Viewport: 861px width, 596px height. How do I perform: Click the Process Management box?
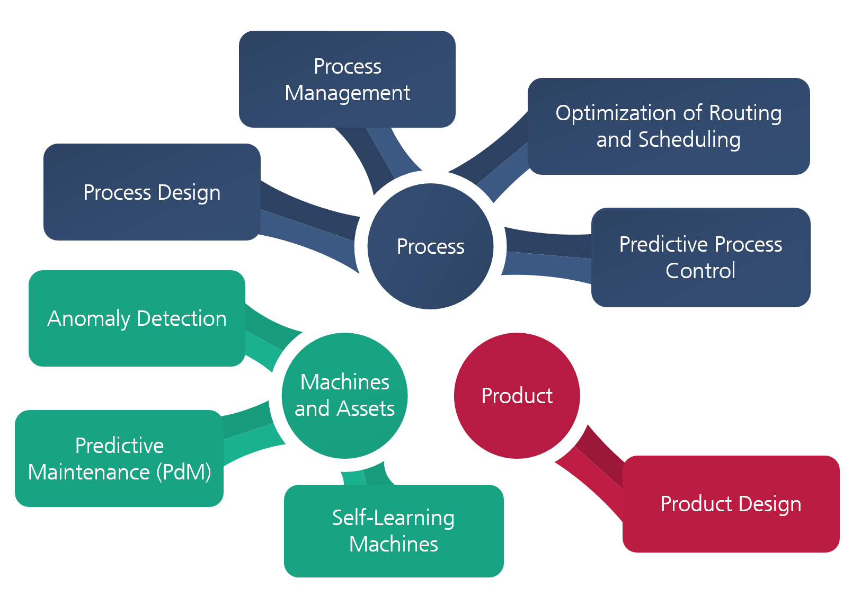pyautogui.click(x=347, y=79)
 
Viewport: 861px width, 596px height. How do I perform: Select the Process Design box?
pyautogui.click(x=152, y=192)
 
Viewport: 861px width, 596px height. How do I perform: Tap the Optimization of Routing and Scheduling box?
pyautogui.click(x=669, y=127)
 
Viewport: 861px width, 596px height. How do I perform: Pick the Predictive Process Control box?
pyautogui.click(x=700, y=257)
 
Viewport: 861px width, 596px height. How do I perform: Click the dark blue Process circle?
pyautogui.click(x=430, y=246)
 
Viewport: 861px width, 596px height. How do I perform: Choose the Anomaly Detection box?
pyautogui.click(x=137, y=318)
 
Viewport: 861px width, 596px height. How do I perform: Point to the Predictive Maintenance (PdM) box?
pyautogui.click(x=119, y=458)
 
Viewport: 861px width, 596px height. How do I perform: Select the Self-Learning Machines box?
pyautogui.click(x=394, y=531)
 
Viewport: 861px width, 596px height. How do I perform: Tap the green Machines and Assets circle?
pyautogui.click(x=345, y=396)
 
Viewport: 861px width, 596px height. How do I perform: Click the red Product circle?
pyautogui.click(x=517, y=396)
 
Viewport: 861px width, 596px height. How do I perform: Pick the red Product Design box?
pyautogui.click(x=731, y=504)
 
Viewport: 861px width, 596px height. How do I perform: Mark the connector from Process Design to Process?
pyautogui.click(x=309, y=227)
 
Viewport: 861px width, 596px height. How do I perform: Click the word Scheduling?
pyautogui.click(x=689, y=140)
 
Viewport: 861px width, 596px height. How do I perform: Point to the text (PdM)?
pyautogui.click(x=184, y=472)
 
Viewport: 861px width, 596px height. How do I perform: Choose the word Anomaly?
pyautogui.click(x=89, y=319)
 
